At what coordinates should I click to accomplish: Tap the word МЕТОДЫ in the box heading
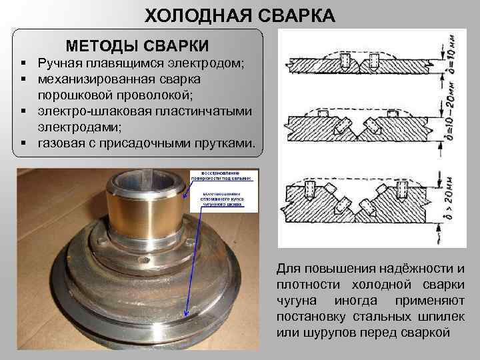[101, 46]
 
